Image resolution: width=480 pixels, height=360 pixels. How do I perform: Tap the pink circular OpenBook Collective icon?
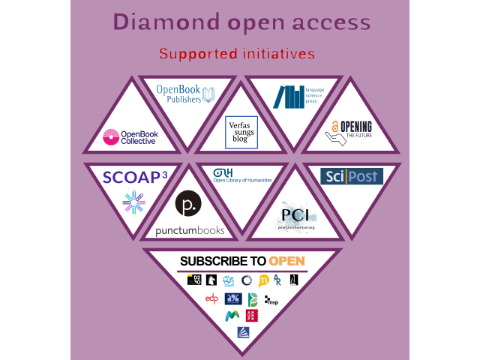[112, 137]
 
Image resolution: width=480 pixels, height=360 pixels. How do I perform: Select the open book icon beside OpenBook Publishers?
[209, 95]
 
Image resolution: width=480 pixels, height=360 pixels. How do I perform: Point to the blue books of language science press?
[288, 97]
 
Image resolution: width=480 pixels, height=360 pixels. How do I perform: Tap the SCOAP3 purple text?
[133, 177]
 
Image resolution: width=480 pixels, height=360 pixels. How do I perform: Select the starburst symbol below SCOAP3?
[133, 202]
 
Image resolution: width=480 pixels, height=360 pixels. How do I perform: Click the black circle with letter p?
[187, 205]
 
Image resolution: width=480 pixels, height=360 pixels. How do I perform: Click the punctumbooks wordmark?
[190, 230]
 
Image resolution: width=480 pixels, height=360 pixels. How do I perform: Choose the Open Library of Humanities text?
[243, 180]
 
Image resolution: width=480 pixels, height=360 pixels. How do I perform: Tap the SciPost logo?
[351, 176]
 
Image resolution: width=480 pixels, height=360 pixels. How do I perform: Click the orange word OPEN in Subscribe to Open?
[287, 261]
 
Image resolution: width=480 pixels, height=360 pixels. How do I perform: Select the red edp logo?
[212, 299]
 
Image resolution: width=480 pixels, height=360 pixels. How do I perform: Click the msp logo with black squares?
[271, 301]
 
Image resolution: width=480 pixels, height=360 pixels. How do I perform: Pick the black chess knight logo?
[212, 280]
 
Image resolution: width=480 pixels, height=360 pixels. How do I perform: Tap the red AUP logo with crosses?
[251, 316]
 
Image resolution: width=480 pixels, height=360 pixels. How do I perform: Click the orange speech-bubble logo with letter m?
[262, 281]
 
